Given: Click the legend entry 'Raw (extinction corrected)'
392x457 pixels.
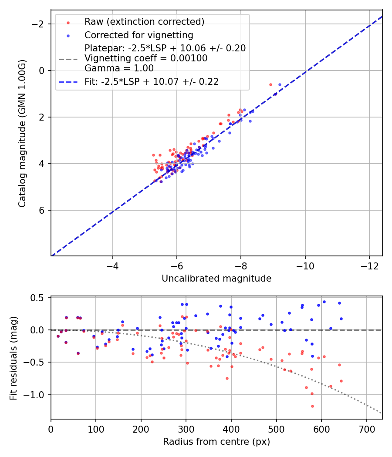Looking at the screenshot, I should [x=144, y=22].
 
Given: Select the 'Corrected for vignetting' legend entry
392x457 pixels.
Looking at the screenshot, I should [x=139, y=35].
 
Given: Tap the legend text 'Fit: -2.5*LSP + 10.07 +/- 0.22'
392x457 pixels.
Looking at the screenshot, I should [x=152, y=81].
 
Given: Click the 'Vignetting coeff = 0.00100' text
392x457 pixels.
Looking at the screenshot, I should [x=146, y=58].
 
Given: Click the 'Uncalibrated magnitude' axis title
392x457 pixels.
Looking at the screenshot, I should [x=216, y=279].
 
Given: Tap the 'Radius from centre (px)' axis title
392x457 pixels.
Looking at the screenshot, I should [x=216, y=442].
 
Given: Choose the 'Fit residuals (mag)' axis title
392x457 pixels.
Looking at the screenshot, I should [x=13, y=358].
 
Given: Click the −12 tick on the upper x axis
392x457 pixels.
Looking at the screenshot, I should [x=369, y=265].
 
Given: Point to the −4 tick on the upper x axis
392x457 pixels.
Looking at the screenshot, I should [x=113, y=265].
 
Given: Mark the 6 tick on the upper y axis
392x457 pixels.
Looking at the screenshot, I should [x=42, y=210].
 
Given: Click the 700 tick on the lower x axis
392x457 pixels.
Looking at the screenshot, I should [x=366, y=428].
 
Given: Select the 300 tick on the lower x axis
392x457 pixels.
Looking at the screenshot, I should [x=186, y=428].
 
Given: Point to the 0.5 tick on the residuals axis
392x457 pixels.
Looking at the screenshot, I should [x=39, y=298].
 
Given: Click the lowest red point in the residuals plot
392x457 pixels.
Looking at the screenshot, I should [x=312, y=406].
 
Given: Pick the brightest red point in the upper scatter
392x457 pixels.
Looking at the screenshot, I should [x=270, y=84].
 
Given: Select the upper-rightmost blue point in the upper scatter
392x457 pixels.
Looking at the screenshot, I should [x=280, y=84].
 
